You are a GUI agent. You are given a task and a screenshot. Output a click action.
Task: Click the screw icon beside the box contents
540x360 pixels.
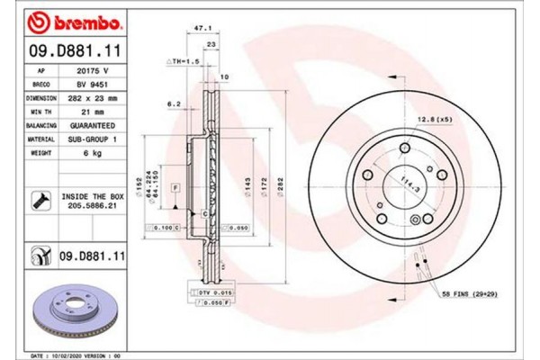(x=40, y=199)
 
